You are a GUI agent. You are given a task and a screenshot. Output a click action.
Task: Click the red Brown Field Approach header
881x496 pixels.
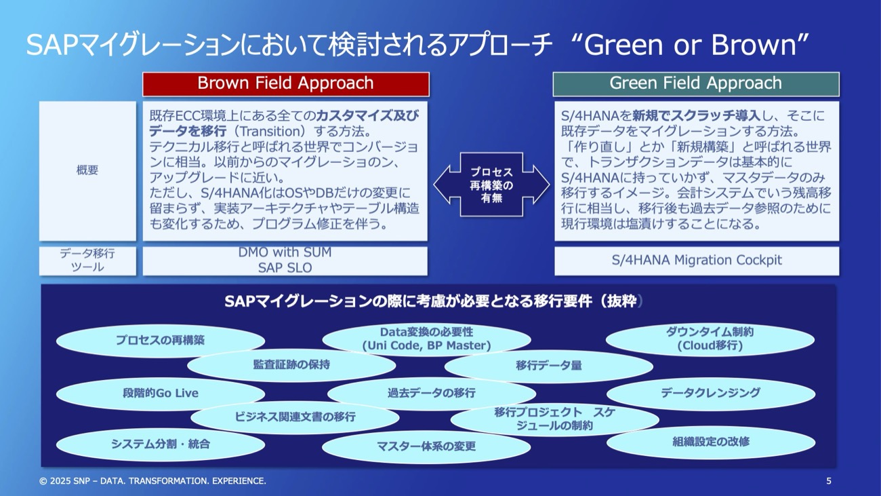point(285,83)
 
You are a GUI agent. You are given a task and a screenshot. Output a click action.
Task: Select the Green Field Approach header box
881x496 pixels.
point(696,83)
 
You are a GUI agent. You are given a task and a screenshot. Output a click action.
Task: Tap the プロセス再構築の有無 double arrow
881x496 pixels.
point(491,184)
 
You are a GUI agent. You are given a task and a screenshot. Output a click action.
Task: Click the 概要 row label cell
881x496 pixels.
point(87,171)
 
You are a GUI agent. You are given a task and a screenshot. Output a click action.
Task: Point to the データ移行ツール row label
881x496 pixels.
point(87,261)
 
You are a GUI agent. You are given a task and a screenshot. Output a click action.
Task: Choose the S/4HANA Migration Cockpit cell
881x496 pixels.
point(696,261)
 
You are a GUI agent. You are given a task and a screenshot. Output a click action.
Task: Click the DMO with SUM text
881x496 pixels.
point(285,252)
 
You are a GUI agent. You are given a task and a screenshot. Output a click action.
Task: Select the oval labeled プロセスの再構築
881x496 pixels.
point(160,341)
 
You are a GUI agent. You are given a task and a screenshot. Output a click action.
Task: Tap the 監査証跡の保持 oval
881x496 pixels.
point(291,365)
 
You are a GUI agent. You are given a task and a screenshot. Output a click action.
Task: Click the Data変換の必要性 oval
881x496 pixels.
point(426,339)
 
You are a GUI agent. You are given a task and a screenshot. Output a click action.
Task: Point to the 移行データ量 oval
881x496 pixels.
point(548,366)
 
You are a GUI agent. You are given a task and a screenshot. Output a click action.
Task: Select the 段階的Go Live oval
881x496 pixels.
point(161,393)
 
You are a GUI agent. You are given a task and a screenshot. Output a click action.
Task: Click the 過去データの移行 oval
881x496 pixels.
point(431,393)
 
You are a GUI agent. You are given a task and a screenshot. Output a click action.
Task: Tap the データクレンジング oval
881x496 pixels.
point(710,393)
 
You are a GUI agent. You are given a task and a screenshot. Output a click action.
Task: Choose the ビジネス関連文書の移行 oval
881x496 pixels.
point(295,417)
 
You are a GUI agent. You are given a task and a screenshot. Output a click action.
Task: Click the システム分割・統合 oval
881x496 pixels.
point(161,444)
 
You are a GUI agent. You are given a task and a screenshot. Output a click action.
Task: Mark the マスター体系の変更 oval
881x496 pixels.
point(426,446)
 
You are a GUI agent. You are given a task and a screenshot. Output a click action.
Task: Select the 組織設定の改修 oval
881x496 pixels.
point(710,442)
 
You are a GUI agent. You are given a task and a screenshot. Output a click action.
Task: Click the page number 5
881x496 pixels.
point(828,481)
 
